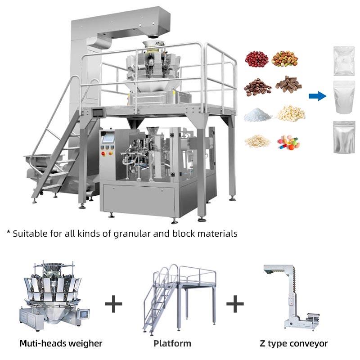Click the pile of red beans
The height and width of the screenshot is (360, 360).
tap(256, 59)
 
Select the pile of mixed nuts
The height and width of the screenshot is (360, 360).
tap(284, 58)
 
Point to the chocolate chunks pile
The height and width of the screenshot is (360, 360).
tap(288, 84)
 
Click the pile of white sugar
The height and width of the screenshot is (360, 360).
tap(257, 115)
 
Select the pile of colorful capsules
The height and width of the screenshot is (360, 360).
tap(288, 142)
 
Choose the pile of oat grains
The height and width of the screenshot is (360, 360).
tap(257, 141)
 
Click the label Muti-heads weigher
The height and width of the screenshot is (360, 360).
tap(61, 343)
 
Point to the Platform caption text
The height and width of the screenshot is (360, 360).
tap(172, 343)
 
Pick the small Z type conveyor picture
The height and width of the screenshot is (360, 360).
tap(292, 297)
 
